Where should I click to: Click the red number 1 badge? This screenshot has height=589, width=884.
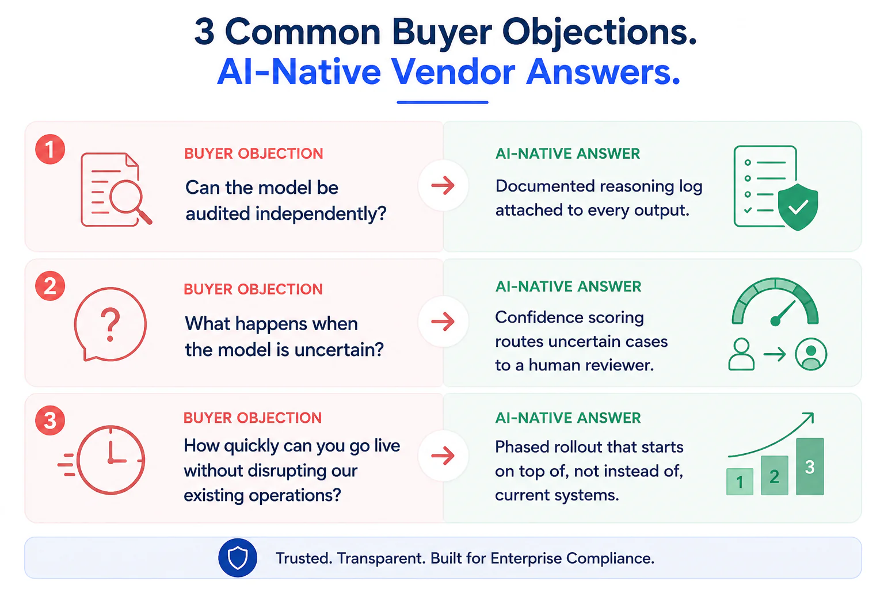tap(50, 149)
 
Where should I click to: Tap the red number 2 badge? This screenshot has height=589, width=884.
tap(50, 286)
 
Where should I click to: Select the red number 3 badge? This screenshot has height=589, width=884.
tap(50, 420)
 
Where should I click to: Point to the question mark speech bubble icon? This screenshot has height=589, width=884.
tap(110, 324)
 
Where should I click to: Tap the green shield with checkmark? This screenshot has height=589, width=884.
tap(798, 207)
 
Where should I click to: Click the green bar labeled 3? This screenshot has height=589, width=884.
tap(810, 466)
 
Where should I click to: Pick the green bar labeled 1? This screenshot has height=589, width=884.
tap(740, 481)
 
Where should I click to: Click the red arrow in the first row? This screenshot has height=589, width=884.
tap(443, 185)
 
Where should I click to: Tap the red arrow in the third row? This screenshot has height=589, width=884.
tap(443, 456)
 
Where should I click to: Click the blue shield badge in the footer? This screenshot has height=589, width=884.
tap(238, 558)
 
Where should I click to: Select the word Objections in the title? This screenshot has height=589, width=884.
tap(600, 32)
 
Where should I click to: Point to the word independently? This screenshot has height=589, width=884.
tap(321, 214)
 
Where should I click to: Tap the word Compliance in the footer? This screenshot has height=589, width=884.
tap(610, 559)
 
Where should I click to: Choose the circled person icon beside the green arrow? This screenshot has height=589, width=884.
tap(811, 354)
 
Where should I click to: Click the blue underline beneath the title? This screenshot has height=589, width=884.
tap(443, 102)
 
